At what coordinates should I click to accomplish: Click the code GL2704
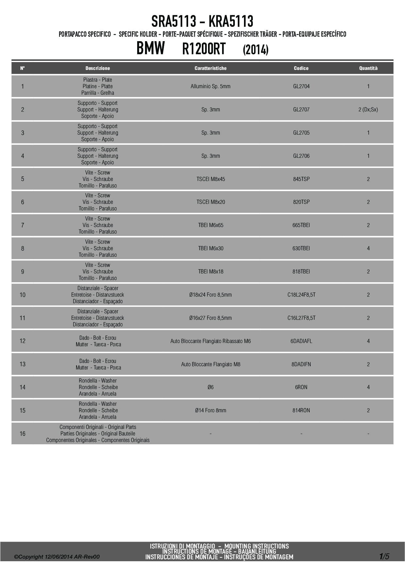click(x=301, y=87)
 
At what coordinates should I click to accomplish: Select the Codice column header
click(x=301, y=68)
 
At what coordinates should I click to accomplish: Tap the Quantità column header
click(x=368, y=68)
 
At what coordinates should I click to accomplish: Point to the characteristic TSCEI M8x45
click(x=211, y=179)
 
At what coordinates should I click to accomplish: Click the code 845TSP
click(x=301, y=179)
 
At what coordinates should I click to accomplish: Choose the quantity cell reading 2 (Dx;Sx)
click(x=368, y=110)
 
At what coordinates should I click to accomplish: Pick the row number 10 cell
click(x=23, y=295)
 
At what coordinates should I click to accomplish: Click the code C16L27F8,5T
click(x=301, y=318)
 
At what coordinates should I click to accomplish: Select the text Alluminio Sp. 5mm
click(x=211, y=87)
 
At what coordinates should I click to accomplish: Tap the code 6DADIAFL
click(x=301, y=341)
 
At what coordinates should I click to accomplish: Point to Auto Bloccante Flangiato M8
click(x=211, y=364)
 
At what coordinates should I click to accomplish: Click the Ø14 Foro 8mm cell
click(x=211, y=410)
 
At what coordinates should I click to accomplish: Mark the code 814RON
click(x=301, y=410)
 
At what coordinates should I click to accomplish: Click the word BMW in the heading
click(x=151, y=49)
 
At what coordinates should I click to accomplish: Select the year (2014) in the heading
click(x=256, y=50)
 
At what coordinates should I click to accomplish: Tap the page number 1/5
click(x=384, y=556)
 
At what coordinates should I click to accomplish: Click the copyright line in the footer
click(x=57, y=557)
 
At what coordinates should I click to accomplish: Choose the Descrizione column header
click(x=98, y=68)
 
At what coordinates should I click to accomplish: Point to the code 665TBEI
click(x=301, y=225)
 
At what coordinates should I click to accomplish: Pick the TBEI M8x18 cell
click(x=211, y=271)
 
